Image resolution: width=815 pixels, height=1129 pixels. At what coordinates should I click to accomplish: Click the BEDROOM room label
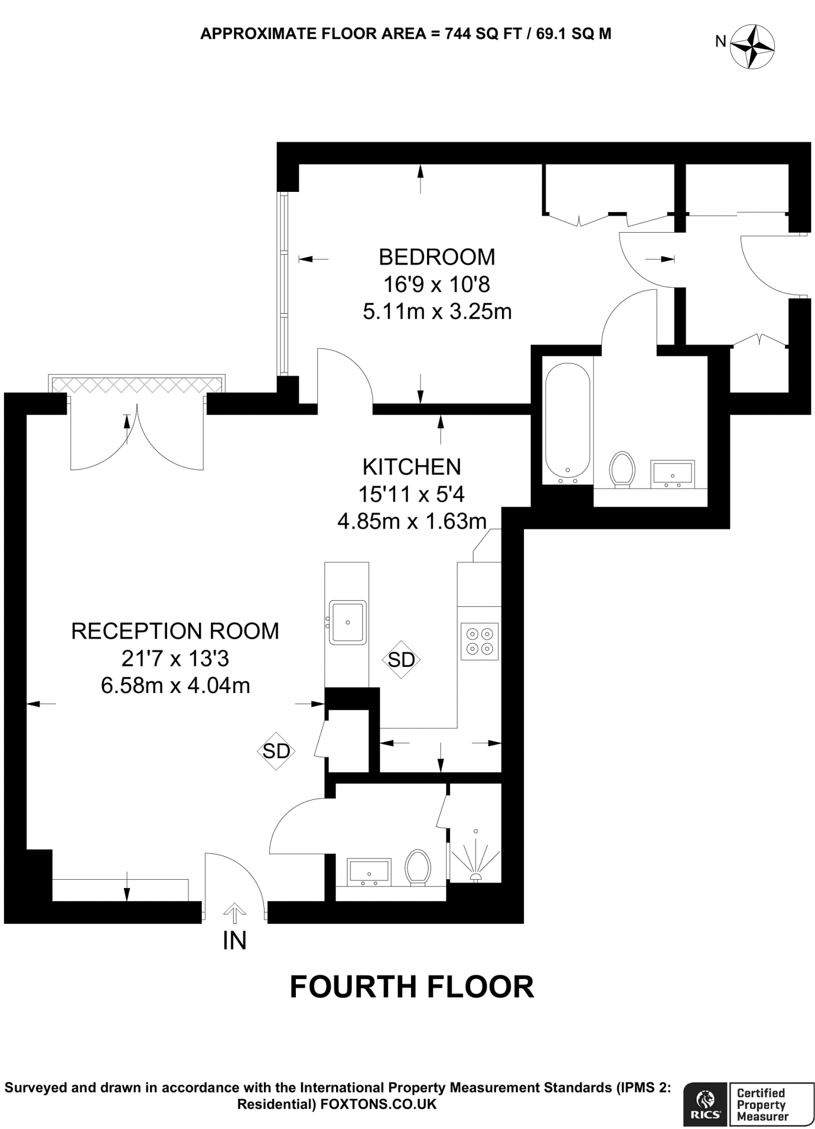[x=436, y=257]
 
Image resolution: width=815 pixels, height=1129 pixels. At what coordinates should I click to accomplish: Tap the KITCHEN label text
[x=412, y=467]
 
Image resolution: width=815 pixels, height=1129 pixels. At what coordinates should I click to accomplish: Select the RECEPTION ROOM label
[x=175, y=631]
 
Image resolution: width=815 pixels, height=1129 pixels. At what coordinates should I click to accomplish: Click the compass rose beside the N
[x=752, y=47]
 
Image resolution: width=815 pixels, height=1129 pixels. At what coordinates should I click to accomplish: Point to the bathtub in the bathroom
[x=568, y=422]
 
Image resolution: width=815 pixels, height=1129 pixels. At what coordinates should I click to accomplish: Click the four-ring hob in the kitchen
[x=479, y=641]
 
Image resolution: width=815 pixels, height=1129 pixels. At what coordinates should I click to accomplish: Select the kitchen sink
[x=348, y=622]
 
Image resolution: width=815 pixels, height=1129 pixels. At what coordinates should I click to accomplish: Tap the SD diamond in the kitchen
[x=401, y=659]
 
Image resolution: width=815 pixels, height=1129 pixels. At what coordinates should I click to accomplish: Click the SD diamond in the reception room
[x=276, y=750]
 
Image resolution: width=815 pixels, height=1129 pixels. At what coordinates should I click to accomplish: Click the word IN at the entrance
[x=235, y=941]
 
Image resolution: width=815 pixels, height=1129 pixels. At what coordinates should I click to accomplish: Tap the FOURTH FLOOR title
[x=412, y=987]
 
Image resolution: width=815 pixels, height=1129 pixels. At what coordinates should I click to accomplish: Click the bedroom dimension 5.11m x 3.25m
[x=437, y=312]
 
